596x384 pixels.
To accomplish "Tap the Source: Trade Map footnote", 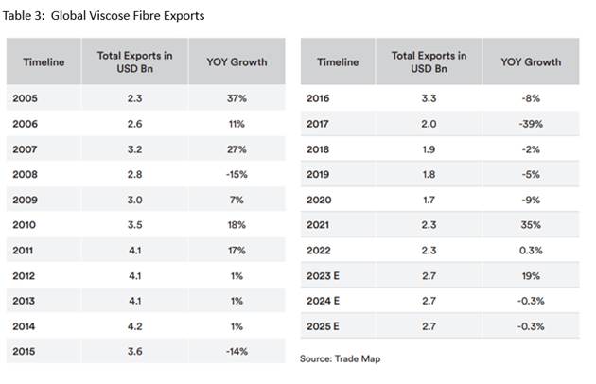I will [342, 359].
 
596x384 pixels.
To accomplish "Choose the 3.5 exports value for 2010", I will [134, 225].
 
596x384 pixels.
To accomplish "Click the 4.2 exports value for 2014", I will [134, 326].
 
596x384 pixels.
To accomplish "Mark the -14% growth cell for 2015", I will [236, 352].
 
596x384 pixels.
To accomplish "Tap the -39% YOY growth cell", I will [530, 124].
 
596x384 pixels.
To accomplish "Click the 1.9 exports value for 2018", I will [428, 149].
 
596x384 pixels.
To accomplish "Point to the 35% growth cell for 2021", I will [530, 225].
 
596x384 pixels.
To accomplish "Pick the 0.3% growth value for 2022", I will [530, 251].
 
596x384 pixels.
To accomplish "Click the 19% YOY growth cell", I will [530, 276].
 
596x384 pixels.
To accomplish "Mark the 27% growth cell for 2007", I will [237, 149].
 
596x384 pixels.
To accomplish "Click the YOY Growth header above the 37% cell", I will [237, 62].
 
